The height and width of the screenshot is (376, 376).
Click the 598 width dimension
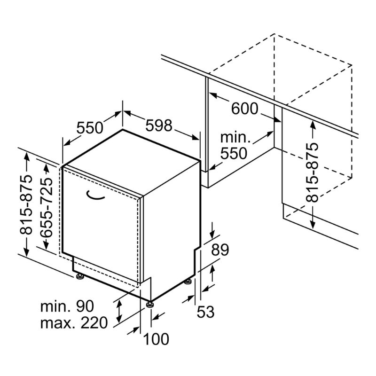pos(159,125)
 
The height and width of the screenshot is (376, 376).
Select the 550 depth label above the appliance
pos(90,127)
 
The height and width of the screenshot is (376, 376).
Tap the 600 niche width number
pos(244,109)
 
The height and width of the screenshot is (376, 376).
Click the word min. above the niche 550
pos(235,137)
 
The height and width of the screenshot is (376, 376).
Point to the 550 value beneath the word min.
pos(234,153)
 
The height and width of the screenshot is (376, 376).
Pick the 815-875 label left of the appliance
pos(26,204)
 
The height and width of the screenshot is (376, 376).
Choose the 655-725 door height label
pos(46,208)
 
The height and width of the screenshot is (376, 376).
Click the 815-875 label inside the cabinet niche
pos(312,172)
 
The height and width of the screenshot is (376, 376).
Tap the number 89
pos(220,250)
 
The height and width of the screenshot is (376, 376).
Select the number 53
pos(205,312)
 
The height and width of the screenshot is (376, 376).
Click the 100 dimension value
pos(156,339)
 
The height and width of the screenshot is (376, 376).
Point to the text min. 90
pos(67,306)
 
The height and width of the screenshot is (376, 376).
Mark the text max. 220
pos(74,323)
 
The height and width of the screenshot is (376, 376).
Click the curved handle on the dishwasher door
pos(95,196)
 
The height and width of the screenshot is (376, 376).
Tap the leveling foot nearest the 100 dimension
pos(150,304)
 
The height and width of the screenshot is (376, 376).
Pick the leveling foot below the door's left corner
pos(80,276)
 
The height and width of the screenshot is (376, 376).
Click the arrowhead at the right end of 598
pos(195,137)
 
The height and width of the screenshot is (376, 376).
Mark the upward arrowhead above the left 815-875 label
pos(26,157)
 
